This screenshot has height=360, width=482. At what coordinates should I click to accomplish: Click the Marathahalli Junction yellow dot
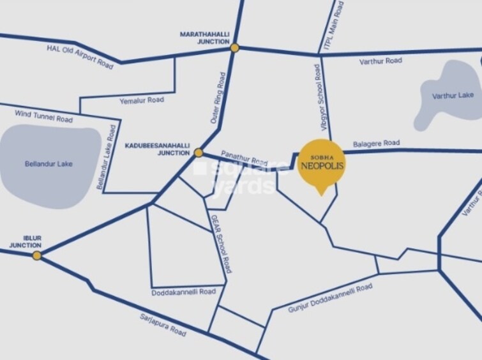[235, 47]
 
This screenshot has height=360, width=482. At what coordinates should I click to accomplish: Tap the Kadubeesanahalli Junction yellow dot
[199, 153]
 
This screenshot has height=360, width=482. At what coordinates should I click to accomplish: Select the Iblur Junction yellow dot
[37, 255]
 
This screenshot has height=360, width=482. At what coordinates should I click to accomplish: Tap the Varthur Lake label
[453, 95]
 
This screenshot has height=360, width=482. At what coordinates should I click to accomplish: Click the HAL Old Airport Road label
[80, 57]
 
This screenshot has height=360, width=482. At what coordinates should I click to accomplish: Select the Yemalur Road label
[142, 100]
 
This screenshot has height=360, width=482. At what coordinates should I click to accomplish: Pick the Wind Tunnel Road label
[43, 116]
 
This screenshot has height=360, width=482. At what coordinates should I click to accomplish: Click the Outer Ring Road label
[218, 97]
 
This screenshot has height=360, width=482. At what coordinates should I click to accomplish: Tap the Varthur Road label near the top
[380, 61]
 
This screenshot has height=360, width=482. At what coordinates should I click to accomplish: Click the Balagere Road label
[376, 144]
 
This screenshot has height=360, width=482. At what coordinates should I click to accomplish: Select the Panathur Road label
[244, 158]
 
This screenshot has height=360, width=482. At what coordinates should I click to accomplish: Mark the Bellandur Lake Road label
[107, 157]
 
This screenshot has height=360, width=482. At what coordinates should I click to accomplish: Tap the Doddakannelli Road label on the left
[184, 292]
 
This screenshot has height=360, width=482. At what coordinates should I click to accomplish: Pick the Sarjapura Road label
[163, 325]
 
